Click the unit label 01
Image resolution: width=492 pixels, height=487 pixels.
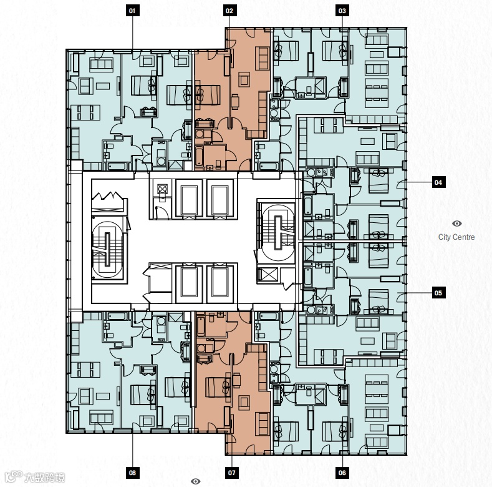132,11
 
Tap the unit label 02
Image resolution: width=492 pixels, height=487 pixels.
229,11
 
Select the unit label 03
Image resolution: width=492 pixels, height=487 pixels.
342,11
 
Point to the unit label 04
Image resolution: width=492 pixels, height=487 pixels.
438,182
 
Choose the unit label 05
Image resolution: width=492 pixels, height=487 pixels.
438,293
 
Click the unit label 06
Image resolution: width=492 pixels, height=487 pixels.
342,473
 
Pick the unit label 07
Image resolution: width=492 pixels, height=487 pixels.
231,473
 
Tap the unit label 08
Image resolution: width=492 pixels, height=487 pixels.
132,473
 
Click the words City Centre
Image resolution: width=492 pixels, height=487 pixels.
456,237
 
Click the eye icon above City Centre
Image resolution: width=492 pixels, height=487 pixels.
457,224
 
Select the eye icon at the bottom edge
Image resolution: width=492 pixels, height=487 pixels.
195,481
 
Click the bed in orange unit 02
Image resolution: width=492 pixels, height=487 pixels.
208,95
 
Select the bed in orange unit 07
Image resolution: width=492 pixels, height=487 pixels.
218,387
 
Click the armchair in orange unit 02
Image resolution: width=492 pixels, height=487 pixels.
244,79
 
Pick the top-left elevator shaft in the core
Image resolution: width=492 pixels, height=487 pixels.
189,198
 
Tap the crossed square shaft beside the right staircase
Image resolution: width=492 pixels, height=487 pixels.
268,275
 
